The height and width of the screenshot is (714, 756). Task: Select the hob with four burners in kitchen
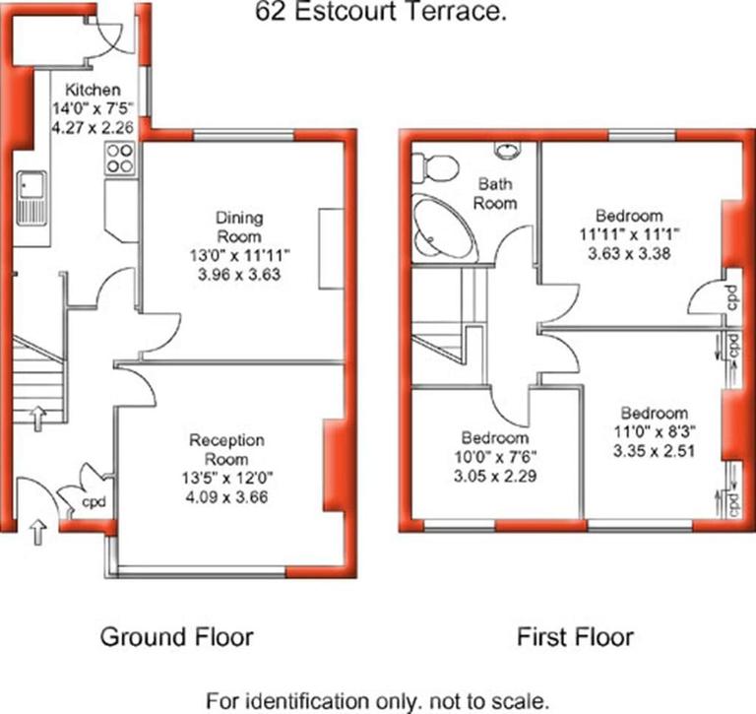point(120,159)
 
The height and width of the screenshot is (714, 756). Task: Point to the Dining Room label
point(239,227)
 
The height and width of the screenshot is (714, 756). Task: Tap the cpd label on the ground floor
point(94,503)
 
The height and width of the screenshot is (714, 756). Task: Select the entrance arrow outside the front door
point(38,533)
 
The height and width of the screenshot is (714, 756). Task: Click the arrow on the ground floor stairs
point(38,418)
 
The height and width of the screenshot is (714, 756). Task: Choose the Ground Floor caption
point(176,637)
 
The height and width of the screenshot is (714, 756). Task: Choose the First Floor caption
point(575,637)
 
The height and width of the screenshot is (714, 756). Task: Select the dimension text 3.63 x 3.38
point(631,253)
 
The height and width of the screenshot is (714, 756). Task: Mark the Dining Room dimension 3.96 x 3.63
point(240,275)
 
